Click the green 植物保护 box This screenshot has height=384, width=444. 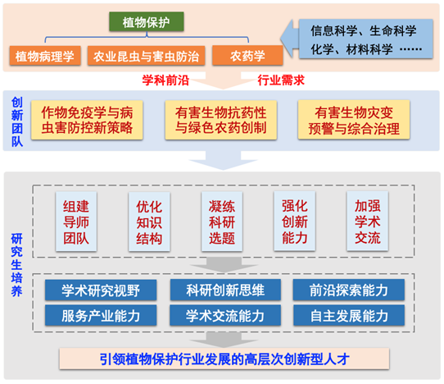pyautogui.click(x=147, y=21)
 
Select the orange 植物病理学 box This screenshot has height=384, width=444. pyautogui.click(x=45, y=56)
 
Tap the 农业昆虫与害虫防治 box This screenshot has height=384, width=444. pyautogui.click(x=146, y=56)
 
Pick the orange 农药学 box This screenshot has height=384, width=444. pyautogui.click(x=247, y=56)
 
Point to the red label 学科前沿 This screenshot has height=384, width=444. pyautogui.click(x=165, y=80)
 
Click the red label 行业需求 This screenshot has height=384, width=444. pyautogui.click(x=281, y=80)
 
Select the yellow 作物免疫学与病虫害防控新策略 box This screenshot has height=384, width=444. pyautogui.click(x=87, y=120)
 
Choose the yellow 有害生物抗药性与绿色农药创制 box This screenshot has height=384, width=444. pyautogui.click(x=221, y=120)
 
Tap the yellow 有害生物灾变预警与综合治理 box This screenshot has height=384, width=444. pyautogui.click(x=354, y=120)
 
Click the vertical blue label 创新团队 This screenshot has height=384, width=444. pyautogui.click(x=17, y=122)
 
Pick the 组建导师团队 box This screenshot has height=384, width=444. pyautogui.click(x=76, y=222)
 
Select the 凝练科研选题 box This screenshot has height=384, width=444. pyautogui.click(x=222, y=222)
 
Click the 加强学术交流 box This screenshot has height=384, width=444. pyautogui.click(x=368, y=222)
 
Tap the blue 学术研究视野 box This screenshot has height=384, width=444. pyautogui.click(x=101, y=290)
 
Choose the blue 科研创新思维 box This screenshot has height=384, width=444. pyautogui.click(x=225, y=290)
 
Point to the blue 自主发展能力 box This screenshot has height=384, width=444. pyautogui.click(x=349, y=315)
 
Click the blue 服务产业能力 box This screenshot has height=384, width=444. pyautogui.click(x=101, y=315)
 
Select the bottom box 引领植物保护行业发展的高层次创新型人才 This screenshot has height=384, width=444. pyautogui.click(x=224, y=359)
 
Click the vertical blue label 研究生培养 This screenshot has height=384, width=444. pyautogui.click(x=16, y=265)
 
